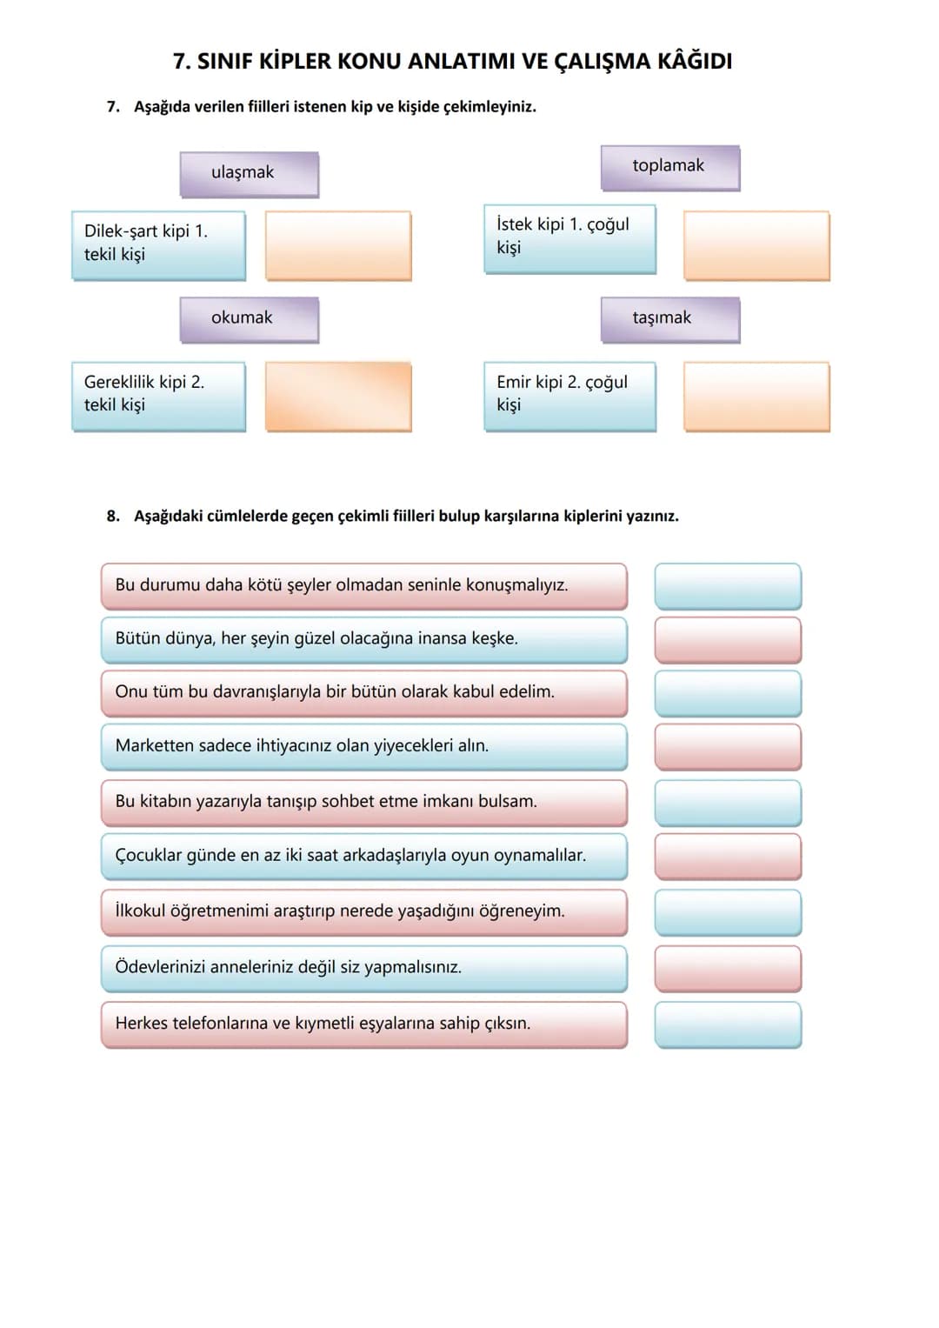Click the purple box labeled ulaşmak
tap(250, 174)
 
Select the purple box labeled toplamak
tap(670, 168)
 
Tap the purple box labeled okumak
tap(250, 320)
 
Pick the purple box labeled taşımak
tap(670, 320)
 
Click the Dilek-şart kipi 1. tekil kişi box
tap(159, 245)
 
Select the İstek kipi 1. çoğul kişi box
tap(570, 239)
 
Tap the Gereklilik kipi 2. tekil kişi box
tap(159, 397)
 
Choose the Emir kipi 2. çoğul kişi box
tap(570, 397)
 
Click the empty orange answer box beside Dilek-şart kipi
tap(338, 245)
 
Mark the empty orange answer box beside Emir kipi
tap(757, 397)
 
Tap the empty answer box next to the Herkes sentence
tap(728, 1025)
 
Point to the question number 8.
tap(113, 517)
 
